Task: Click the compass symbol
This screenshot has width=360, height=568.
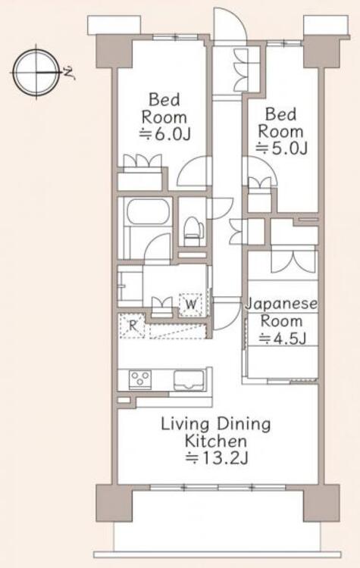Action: click(x=36, y=73)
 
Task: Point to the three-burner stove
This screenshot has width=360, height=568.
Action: click(x=140, y=379)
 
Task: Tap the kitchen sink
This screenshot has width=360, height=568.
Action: click(x=189, y=380)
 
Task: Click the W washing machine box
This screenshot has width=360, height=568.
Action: click(x=191, y=304)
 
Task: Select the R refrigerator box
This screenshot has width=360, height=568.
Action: click(x=133, y=326)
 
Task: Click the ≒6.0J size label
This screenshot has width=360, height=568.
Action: click(x=165, y=135)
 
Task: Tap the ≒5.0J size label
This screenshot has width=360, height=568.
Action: click(x=282, y=148)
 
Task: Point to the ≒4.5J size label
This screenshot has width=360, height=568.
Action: click(x=283, y=339)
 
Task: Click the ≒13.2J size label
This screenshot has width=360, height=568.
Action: click(x=217, y=459)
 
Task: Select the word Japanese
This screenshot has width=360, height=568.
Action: click(x=282, y=304)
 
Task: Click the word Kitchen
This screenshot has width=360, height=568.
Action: click(x=216, y=441)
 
